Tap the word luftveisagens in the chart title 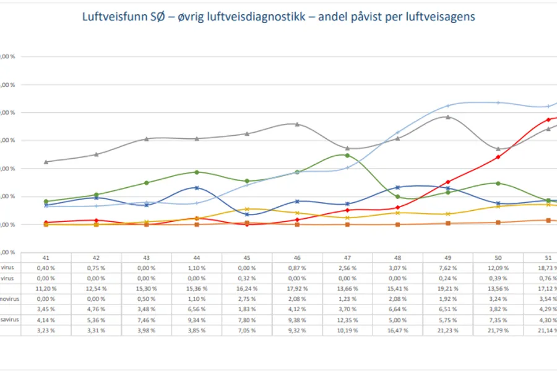[442, 17]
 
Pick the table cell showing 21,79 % [498, 330]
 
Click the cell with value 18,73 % [548, 268]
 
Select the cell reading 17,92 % [297, 289]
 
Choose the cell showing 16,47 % [397, 330]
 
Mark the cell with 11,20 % [46, 289]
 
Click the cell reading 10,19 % [347, 330]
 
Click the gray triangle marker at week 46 [297, 124]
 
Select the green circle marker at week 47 [347, 155]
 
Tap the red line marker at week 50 [498, 157]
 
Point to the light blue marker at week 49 [447, 105]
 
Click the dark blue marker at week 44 [197, 187]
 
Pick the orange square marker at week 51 [548, 220]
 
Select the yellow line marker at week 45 [247, 209]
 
